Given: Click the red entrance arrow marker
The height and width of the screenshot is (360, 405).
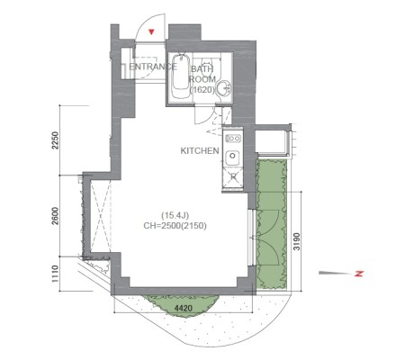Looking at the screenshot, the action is [x=152, y=31].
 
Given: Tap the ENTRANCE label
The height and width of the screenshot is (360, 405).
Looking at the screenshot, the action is [x=153, y=67].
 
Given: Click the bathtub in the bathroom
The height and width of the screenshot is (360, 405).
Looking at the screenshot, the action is [x=180, y=76].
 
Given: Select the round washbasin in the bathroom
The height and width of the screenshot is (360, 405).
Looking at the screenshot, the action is [x=224, y=88].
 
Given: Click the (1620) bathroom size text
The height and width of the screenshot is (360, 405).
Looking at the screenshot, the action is [x=202, y=90].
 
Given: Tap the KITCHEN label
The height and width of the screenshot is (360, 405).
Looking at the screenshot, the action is [x=200, y=150].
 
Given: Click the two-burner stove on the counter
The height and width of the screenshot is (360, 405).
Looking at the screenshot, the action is [x=233, y=139].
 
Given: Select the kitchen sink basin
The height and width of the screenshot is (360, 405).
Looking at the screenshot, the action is [x=232, y=156].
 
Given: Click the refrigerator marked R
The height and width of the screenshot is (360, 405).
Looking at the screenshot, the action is [x=233, y=176].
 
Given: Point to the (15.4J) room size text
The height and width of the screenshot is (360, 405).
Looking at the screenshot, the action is [x=175, y=215].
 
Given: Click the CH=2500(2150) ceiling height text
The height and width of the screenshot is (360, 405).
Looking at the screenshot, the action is [x=175, y=226].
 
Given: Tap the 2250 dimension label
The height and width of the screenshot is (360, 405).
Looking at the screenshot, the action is [x=55, y=140].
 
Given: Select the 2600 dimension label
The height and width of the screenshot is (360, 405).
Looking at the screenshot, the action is [x=55, y=216].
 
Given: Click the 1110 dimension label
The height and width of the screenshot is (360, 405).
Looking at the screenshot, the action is [x=55, y=274].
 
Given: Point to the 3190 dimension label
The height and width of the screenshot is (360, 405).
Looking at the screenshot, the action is [x=297, y=241].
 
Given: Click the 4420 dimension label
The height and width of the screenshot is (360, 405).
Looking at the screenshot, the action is [x=184, y=308].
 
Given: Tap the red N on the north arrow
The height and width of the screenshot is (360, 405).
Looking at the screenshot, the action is [x=359, y=274].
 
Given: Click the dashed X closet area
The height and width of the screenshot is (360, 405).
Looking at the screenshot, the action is [x=101, y=216].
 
